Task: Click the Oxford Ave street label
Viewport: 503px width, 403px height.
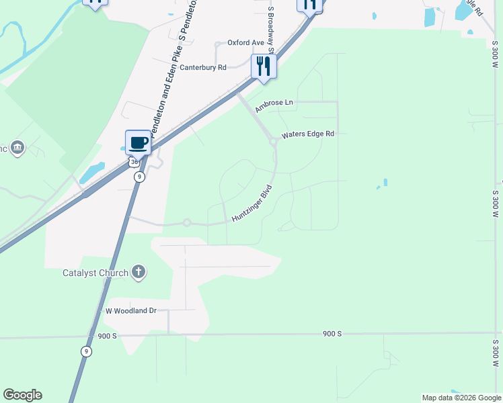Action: point(246,42)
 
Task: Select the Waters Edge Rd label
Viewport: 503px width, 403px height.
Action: point(307,134)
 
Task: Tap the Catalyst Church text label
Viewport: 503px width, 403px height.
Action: point(95,273)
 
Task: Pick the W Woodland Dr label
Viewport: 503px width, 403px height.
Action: point(130,311)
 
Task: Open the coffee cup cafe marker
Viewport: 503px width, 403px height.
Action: point(138,143)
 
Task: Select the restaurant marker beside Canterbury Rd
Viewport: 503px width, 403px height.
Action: point(263,66)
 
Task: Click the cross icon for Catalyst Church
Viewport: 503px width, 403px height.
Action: point(139,272)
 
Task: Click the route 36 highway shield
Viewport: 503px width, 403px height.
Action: point(134,163)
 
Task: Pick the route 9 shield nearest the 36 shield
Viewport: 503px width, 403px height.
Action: point(139,177)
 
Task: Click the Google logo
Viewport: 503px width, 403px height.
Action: point(22,395)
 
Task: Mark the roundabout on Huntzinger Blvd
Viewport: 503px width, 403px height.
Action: point(187,223)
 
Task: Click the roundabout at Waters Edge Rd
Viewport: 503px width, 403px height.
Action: point(273,141)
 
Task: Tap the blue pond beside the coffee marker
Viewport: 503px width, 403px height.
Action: point(92,172)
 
